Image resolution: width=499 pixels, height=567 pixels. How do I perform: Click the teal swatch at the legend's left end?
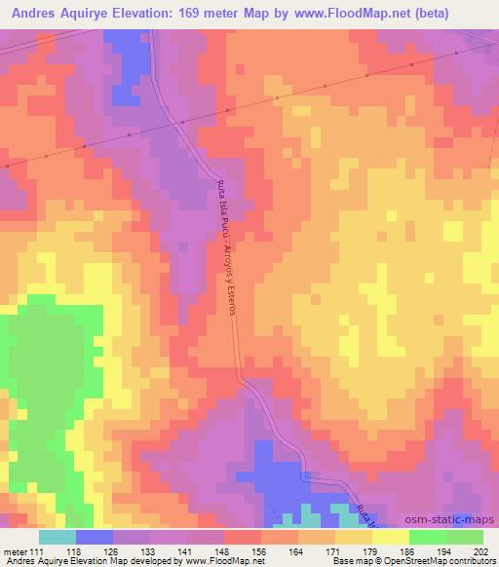point(58,537)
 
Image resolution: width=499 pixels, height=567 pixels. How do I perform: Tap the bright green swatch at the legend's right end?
point(464,537)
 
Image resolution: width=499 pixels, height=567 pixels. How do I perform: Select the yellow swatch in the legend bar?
point(353,537)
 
